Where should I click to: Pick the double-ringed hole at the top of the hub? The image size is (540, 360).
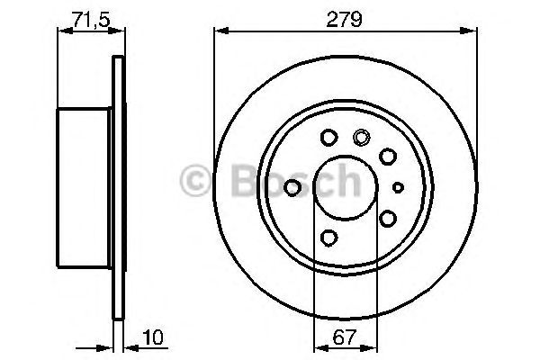click(x=362, y=138)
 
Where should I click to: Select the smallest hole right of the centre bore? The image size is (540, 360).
click(x=399, y=187)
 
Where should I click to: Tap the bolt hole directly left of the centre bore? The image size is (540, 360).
click(x=292, y=187)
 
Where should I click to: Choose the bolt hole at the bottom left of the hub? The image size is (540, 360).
click(x=328, y=238)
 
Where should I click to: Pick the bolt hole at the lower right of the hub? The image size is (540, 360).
click(x=388, y=218)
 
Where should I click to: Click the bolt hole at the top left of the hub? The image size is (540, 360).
click(x=328, y=138)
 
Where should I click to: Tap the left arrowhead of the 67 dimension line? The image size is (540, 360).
click(x=317, y=347)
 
